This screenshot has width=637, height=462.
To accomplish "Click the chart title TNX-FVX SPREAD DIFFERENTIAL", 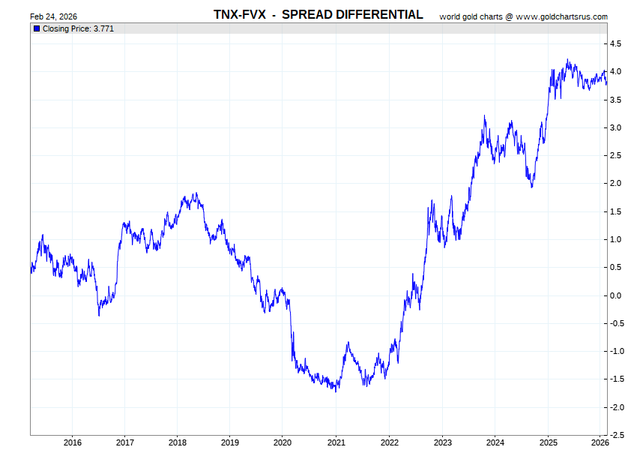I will click(318, 15).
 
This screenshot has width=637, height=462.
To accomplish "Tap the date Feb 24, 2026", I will click(53, 16).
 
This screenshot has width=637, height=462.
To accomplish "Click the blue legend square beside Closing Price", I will click(36, 28).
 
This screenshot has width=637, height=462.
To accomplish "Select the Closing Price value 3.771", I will click(103, 28).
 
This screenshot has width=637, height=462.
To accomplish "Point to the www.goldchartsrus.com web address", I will click(561, 16).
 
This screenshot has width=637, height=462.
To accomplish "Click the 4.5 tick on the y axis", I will click(615, 44).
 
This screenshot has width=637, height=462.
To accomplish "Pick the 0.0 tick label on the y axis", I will click(615, 295).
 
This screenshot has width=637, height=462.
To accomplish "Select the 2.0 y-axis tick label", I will click(615, 184).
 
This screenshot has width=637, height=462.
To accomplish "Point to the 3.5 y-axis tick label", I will click(615, 100).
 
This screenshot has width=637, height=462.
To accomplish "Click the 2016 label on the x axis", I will click(73, 442).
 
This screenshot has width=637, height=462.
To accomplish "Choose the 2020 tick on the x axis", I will click(283, 442).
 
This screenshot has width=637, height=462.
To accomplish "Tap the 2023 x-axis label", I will click(442, 442).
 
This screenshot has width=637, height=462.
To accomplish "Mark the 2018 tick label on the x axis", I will click(178, 442).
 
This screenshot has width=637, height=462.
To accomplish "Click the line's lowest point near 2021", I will click(336, 391).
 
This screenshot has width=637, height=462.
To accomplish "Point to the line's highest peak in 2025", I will click(567, 60).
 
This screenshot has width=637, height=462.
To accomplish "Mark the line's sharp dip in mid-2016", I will click(99, 315).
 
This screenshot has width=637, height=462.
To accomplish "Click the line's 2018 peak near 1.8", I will click(195, 193).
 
